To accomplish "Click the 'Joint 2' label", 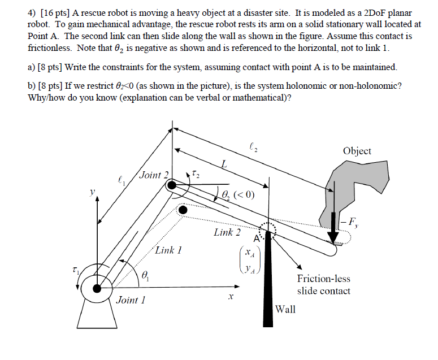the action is (154, 175).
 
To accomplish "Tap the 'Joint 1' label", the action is (131, 300).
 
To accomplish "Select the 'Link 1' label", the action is (168, 250).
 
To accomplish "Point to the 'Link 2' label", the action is (227, 232).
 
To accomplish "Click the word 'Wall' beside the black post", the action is (285, 309).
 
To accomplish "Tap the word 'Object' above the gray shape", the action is (357, 151).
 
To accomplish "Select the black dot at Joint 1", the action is (97, 288).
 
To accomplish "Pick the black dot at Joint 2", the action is (171, 185).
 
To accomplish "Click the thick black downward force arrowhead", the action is (333, 237).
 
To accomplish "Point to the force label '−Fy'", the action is (350, 223).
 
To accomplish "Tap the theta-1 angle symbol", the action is (145, 276).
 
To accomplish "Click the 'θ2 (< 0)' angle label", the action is (238, 194).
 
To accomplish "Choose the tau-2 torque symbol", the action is (196, 174).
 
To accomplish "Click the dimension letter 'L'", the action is (223, 164).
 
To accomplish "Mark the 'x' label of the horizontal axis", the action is (231, 297).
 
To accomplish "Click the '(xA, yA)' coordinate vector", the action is (250, 260).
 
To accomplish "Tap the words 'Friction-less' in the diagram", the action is (323, 279).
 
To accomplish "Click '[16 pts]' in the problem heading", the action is (55, 13).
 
